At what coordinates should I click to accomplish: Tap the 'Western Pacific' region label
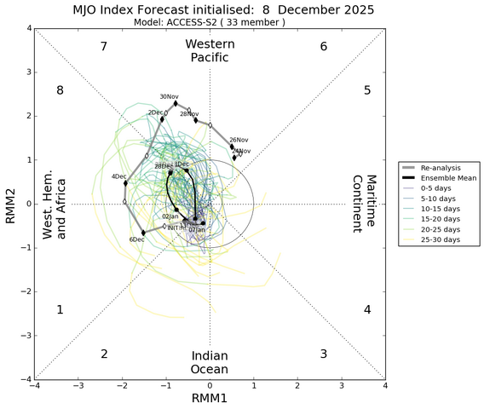click(209, 50)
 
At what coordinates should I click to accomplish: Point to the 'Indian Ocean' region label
click(210, 361)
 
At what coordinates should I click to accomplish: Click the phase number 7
click(103, 46)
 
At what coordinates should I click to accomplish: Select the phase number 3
click(323, 354)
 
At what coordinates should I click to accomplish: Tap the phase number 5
click(366, 90)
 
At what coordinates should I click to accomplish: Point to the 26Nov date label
click(239, 140)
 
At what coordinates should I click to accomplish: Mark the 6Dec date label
click(136, 239)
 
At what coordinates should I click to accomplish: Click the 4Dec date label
click(119, 176)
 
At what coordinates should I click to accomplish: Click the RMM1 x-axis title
click(210, 399)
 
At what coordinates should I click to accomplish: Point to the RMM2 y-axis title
click(9, 204)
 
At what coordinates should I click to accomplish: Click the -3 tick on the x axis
click(78, 386)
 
